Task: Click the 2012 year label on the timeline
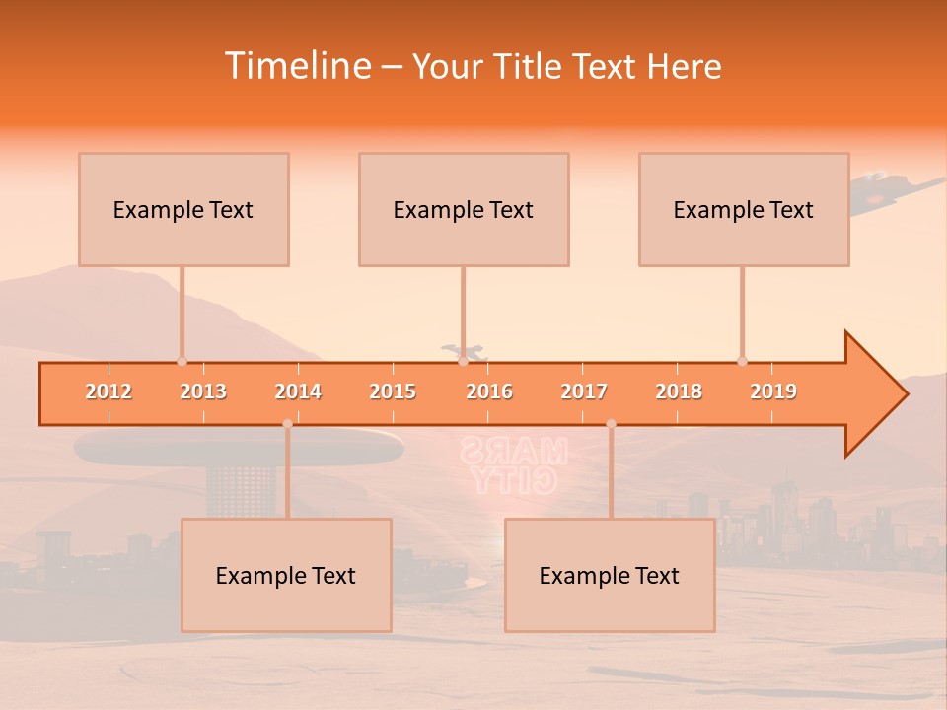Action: click(109, 391)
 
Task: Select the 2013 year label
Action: click(203, 391)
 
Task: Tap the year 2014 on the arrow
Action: click(298, 391)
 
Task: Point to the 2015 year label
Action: click(393, 391)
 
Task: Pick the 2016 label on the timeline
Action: click(489, 391)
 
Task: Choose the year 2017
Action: click(584, 391)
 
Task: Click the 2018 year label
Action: click(679, 391)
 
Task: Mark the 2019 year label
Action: click(773, 391)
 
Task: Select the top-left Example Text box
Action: click(183, 210)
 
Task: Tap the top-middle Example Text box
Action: click(464, 210)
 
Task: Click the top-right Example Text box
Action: click(744, 210)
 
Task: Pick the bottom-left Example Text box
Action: click(286, 576)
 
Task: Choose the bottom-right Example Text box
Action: click(610, 576)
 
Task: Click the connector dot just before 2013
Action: click(182, 361)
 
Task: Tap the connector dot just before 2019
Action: click(742, 361)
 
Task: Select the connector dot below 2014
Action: click(287, 424)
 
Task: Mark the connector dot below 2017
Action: click(611, 424)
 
